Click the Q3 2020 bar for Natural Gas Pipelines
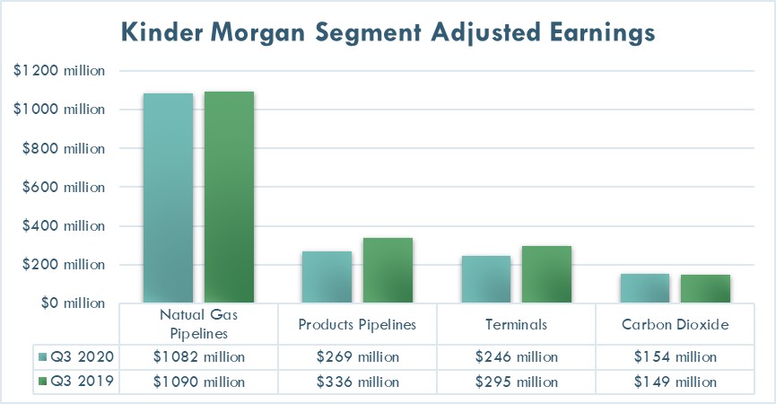168,198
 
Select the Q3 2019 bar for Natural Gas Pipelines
229,198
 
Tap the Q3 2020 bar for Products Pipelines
327,277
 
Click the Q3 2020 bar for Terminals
486,280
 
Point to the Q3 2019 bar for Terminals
546,275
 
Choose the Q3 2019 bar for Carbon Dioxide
705,289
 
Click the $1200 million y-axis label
59,71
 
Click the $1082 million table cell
198,356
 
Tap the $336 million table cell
357,382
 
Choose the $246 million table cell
516,356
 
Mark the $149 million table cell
675,382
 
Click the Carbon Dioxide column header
675,324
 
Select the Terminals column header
516,324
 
